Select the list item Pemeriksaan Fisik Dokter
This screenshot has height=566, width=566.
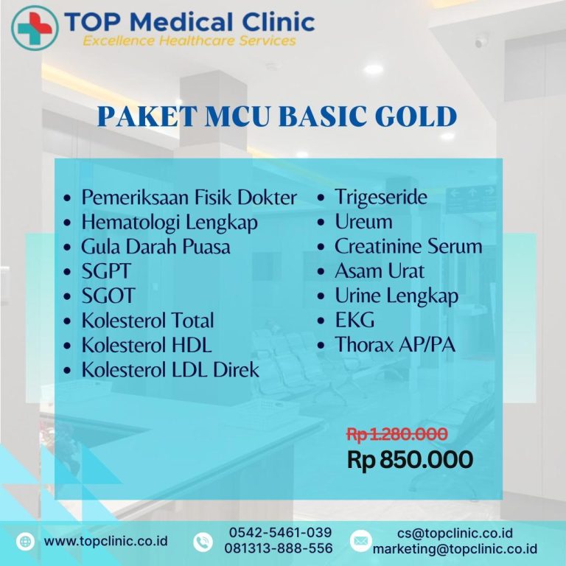[189, 198]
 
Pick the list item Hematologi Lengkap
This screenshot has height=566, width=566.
[170, 222]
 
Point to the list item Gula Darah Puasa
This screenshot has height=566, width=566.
[156, 246]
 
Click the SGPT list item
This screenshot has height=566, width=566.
[105, 271]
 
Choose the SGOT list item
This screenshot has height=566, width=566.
[108, 296]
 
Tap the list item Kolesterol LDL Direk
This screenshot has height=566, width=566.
[170, 369]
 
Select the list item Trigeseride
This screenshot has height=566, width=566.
[380, 198]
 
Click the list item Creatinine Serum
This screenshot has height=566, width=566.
[408, 246]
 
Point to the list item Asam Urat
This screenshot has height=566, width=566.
[379, 271]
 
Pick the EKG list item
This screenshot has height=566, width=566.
[354, 320]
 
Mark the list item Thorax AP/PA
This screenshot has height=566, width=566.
[394, 344]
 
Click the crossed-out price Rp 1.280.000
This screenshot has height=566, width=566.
[396, 435]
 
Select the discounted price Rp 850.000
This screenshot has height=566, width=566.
[410, 460]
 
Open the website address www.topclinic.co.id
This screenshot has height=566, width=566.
[105, 541]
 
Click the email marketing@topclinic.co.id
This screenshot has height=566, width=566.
[455, 549]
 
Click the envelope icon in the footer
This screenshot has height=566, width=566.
[360, 541]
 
